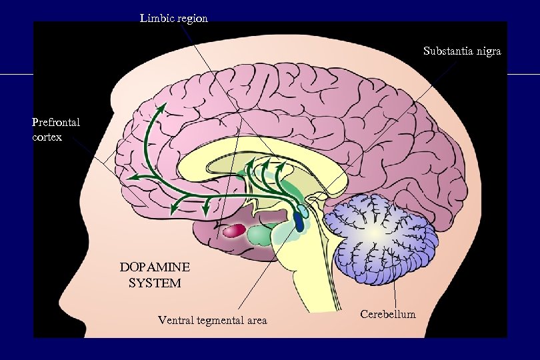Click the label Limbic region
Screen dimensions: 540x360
173,19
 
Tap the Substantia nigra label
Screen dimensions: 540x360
462,51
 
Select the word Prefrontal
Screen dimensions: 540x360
56,122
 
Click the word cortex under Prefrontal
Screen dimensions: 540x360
47,137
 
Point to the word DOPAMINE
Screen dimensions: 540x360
155,267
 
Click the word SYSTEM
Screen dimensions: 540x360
155,283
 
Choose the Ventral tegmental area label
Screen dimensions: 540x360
212,320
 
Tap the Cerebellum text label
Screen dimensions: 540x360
387,313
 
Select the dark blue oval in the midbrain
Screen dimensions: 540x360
299,222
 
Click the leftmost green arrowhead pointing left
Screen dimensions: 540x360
131,179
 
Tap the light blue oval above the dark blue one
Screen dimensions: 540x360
303,211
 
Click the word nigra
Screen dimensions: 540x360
487,51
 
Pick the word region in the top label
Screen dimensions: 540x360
191,19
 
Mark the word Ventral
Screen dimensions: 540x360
173,320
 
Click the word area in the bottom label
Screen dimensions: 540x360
255,320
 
